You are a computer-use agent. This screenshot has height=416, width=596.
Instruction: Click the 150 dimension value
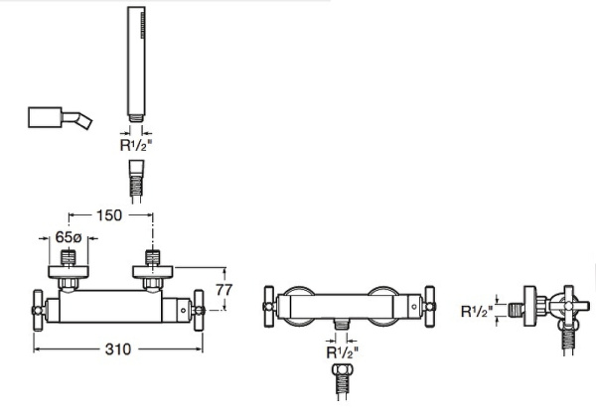point(110,214)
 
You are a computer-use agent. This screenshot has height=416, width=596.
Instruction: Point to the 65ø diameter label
point(69,239)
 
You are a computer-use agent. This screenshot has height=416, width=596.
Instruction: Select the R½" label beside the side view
point(478,311)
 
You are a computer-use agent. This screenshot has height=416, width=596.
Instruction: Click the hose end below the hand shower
point(134,185)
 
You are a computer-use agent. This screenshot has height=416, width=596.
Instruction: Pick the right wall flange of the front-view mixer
point(153,270)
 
